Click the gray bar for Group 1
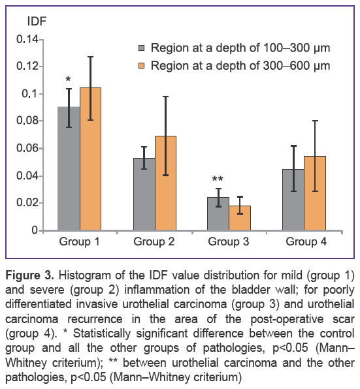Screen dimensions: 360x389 click(x=69, y=168)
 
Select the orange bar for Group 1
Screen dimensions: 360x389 click(x=90, y=159)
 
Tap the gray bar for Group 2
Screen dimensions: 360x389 click(x=144, y=194)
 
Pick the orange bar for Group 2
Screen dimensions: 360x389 click(x=165, y=183)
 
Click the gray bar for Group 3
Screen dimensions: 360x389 click(x=218, y=214)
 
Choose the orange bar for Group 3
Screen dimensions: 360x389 click(x=240, y=218)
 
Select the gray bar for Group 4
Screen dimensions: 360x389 click(x=293, y=200)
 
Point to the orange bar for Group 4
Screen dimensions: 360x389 click(x=315, y=193)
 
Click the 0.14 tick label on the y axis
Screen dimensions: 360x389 click(x=27, y=39)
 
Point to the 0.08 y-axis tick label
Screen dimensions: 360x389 click(x=27, y=121)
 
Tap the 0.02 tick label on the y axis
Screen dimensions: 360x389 click(x=27, y=203)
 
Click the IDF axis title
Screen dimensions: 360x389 click(x=37, y=22)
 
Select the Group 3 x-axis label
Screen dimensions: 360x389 click(x=229, y=241)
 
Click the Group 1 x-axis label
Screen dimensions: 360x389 click(x=79, y=241)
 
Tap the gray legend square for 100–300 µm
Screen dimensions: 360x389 click(x=141, y=48)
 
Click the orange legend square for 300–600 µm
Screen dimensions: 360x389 click(x=141, y=66)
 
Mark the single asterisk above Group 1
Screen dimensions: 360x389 click(x=68, y=80)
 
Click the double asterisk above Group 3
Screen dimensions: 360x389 click(x=218, y=179)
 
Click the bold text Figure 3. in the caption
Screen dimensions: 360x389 click(x=29, y=275)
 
